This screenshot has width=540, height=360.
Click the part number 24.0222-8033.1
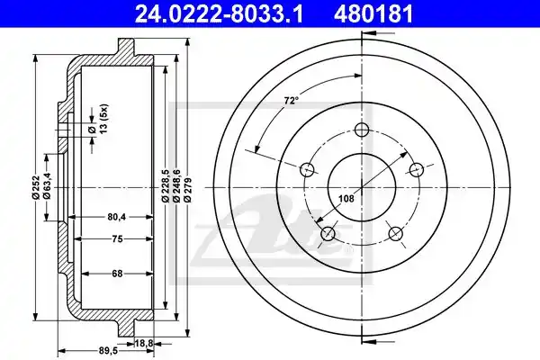[219, 13]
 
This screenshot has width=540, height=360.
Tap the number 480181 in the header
[373, 13]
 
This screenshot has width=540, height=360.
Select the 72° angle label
[291, 101]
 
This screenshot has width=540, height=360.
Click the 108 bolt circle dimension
[346, 198]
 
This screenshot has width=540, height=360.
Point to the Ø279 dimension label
[188, 189]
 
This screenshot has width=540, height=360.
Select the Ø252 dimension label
[36, 187]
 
